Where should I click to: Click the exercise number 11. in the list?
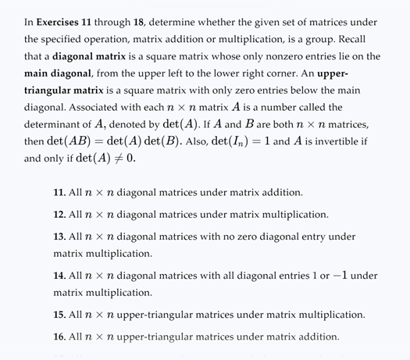(x=59, y=192)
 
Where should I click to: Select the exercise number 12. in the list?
(x=59, y=214)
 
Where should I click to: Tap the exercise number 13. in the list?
(x=59, y=236)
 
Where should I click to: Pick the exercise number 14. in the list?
(x=59, y=276)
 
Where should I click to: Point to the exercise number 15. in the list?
(x=59, y=315)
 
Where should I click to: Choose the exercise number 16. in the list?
(x=59, y=337)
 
